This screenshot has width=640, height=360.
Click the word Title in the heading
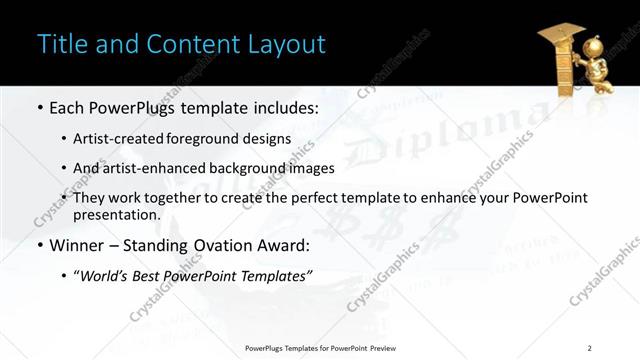coord(59,45)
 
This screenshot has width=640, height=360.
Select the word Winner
coord(79,244)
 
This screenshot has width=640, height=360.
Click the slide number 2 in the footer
coord(590,348)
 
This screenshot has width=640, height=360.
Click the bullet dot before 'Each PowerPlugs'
coord(39,107)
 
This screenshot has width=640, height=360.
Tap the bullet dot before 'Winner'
coord(39,245)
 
